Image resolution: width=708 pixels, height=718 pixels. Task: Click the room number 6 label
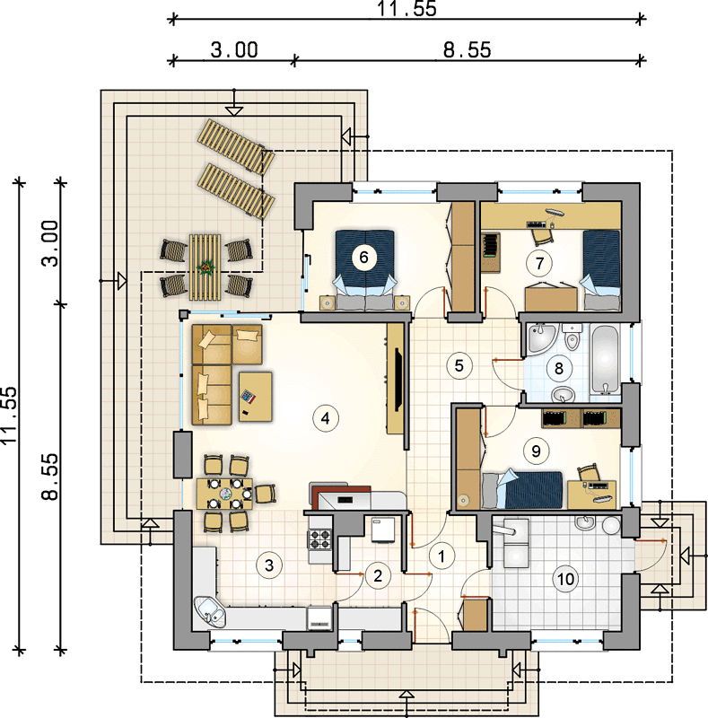[363, 257]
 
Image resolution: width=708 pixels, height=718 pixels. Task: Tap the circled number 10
[565, 579]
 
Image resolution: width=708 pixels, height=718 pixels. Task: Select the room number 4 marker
[325, 417]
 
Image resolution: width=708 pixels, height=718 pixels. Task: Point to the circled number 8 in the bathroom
[559, 368]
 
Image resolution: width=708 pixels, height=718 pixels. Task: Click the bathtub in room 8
[606, 361]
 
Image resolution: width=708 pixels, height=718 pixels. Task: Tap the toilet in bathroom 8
[572, 337]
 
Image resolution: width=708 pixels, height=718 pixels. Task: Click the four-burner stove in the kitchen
[320, 539]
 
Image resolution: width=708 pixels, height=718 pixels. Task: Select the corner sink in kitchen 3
[210, 611]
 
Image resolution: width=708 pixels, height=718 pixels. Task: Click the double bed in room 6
[364, 270]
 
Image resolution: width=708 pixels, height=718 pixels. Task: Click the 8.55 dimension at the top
[468, 49]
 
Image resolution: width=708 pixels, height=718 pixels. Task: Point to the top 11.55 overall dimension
[406, 9]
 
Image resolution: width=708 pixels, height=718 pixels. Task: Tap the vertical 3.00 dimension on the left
[50, 243]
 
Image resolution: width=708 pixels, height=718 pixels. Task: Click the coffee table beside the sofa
[256, 397]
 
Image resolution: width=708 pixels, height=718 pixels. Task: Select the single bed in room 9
[522, 489]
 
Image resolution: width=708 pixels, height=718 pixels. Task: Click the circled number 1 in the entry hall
[441, 556]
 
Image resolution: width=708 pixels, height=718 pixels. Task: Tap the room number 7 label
[539, 263]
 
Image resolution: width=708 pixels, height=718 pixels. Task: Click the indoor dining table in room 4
[225, 494]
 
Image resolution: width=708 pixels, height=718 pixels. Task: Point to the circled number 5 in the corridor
[459, 365]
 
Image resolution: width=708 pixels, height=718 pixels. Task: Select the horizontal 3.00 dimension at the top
[234, 49]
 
